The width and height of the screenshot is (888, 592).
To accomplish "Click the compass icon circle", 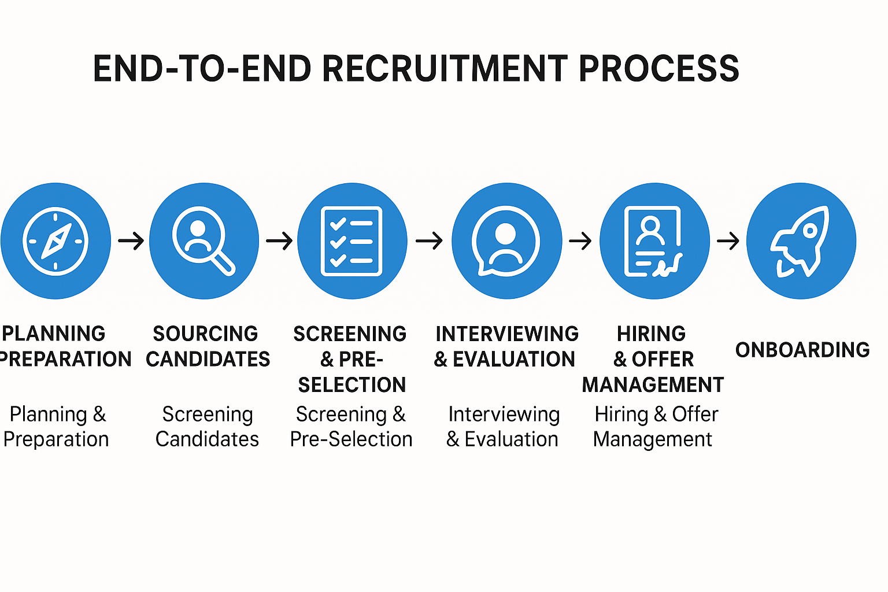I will coord(55,241).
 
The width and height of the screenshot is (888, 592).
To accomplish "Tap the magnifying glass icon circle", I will coord(204,241).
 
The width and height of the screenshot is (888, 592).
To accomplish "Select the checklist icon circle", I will coord(352,241).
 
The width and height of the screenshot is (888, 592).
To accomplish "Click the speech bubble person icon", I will coord(506,241).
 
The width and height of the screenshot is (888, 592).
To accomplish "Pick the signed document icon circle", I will coord(654,241).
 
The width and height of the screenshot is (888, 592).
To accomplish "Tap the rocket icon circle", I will coord(801,241).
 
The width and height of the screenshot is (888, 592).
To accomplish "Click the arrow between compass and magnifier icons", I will coord(131,240).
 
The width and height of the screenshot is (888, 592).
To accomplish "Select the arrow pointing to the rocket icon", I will coord(728,240).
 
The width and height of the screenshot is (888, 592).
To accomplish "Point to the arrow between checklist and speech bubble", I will coord(429,240).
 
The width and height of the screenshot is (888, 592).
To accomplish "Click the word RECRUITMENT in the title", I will coord(444,69).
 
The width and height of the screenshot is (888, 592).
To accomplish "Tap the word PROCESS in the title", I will coord(658,69).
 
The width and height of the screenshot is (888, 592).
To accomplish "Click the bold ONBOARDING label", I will coord(802,350).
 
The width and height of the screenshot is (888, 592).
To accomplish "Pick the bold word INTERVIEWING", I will coord(507,334).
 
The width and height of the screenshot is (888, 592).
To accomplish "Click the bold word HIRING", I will coord(651,334).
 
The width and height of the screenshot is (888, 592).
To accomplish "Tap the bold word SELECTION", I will coord(352,384).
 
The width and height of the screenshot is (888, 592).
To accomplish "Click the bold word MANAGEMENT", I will coord(653,384).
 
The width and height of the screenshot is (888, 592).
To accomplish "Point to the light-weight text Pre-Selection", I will coord(351,439).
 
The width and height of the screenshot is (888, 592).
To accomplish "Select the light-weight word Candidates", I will coord(207,439).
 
